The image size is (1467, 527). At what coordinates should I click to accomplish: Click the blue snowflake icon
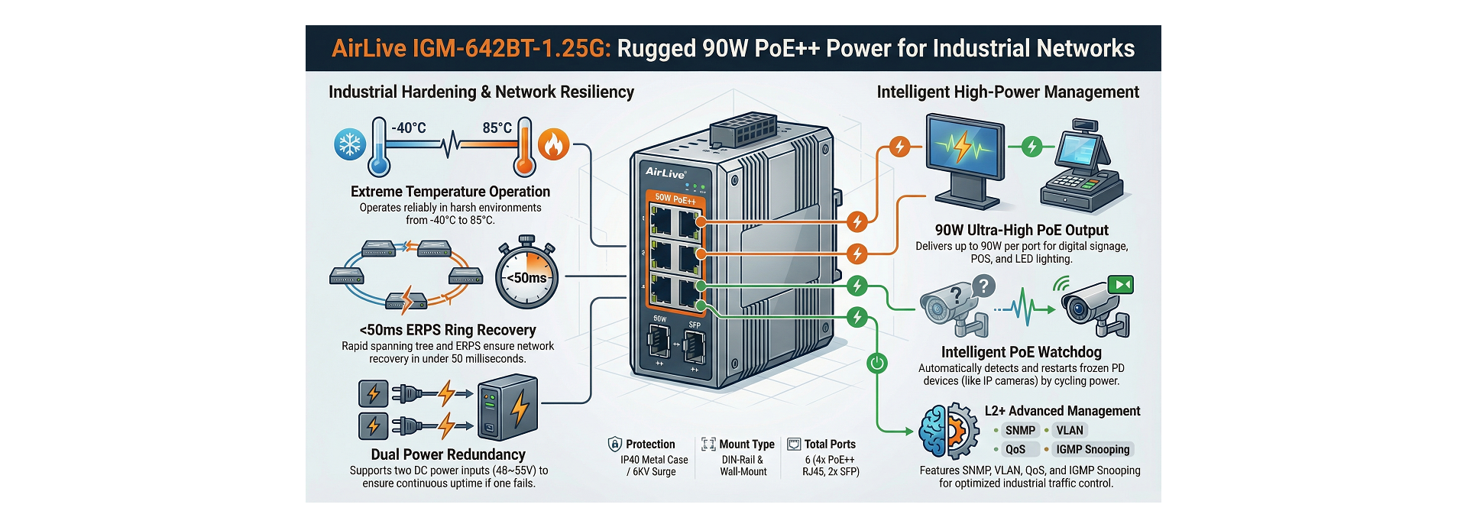click(x=350, y=144)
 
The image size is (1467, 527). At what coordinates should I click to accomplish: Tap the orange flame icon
click(x=554, y=144)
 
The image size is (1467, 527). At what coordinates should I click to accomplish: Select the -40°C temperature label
click(x=409, y=128)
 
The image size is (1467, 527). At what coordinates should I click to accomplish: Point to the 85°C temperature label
click(x=497, y=128)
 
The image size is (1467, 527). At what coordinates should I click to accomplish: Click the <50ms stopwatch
click(x=526, y=276)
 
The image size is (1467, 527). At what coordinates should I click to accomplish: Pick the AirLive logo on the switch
click(x=665, y=173)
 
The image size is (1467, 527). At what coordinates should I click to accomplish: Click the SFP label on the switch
click(x=695, y=325)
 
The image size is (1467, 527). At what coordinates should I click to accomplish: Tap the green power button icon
click(x=877, y=363)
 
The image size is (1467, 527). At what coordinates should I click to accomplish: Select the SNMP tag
click(x=1020, y=431)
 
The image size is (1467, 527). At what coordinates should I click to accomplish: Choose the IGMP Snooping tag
click(x=1092, y=450)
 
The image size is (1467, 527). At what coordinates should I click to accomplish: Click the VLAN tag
click(x=1070, y=431)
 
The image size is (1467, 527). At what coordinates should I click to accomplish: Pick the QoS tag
click(x=1015, y=450)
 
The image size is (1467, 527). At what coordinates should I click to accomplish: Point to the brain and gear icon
click(x=948, y=432)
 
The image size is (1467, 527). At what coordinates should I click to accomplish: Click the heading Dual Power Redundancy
click(x=449, y=454)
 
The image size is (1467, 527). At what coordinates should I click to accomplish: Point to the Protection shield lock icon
click(x=614, y=445)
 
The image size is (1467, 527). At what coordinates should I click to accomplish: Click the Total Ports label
click(x=830, y=445)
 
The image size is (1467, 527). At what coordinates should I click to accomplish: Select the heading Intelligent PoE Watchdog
click(x=1021, y=352)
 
